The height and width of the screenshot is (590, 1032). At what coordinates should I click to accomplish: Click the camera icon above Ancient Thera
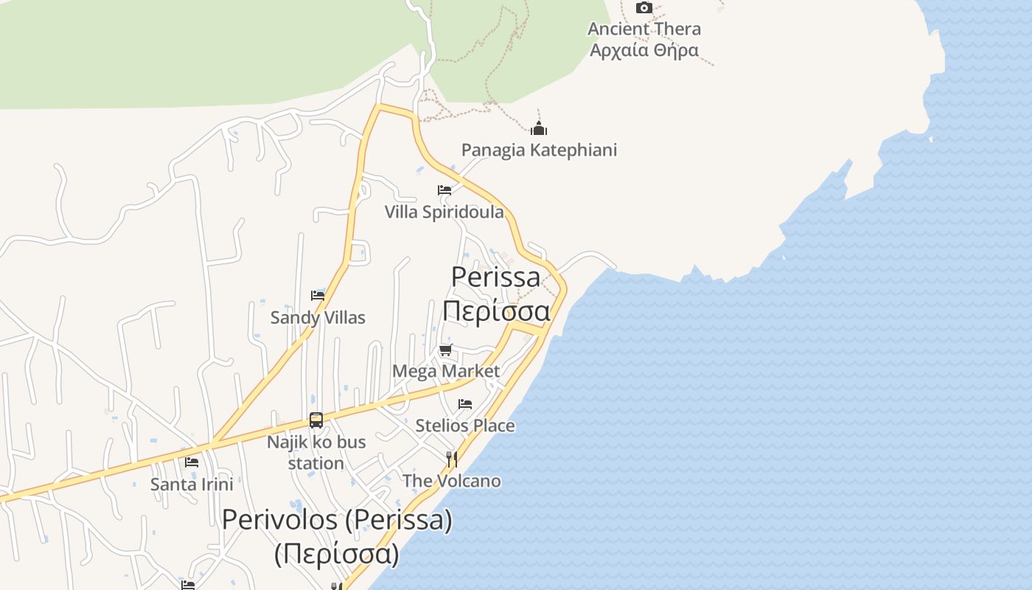coord(644,8)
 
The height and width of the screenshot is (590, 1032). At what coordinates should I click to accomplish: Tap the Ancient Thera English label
coord(644,29)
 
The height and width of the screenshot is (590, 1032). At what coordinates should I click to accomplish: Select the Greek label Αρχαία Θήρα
coord(644,51)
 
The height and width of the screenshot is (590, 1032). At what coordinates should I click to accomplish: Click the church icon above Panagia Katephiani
coord(539,129)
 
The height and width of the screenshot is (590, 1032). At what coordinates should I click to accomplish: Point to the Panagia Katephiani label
coord(539,150)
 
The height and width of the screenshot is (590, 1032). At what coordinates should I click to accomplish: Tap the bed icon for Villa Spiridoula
coord(444,190)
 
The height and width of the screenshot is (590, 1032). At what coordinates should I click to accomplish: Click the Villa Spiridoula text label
coord(444,212)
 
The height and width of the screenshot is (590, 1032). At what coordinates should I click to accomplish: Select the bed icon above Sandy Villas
coord(318,296)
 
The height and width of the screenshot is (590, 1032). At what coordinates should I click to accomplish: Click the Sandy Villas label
coord(318,318)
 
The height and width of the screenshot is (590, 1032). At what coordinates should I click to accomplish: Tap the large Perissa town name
coord(495,277)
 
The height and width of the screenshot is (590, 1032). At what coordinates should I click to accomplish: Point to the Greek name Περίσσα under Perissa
coord(495,311)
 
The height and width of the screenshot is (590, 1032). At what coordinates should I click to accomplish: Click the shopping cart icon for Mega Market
coord(445,350)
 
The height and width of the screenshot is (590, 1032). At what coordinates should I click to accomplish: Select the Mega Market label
coord(445,371)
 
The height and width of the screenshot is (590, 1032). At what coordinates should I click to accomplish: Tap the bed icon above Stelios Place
coord(464,404)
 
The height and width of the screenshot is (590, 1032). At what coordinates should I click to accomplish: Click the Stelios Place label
coord(464,426)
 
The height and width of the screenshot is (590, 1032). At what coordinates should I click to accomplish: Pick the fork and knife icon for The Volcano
coord(451,459)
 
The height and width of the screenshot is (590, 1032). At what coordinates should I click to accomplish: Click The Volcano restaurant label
coord(451,482)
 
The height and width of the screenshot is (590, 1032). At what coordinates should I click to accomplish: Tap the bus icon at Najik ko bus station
coord(316,420)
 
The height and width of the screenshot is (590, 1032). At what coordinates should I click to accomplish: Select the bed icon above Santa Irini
coord(192,462)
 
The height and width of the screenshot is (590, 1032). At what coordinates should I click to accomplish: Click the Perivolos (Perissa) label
coord(337,520)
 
